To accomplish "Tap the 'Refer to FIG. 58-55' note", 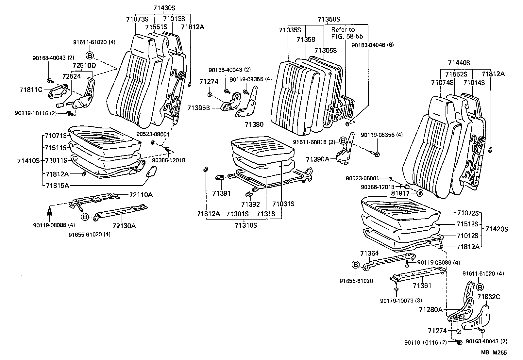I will point(347,33).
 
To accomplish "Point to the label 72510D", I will point(84,66).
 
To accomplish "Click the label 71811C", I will point(31,89).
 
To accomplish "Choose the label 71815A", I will point(57,186).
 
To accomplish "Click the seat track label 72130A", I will point(124,225).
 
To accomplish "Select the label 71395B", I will point(198,107).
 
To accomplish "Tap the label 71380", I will point(254,124).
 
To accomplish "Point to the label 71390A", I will point(317,159).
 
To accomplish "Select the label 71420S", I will point(497,229).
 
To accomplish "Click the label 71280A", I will point(430,309).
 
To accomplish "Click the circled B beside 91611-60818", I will point(343,141).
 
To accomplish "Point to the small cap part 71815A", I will point(151,171).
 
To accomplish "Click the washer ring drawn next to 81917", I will point(420,193).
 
